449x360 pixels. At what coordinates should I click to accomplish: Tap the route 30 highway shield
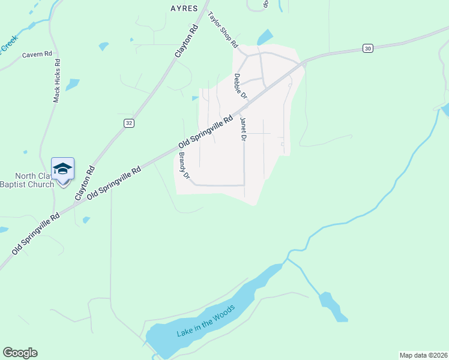tap(368, 48)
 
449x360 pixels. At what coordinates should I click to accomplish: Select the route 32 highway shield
tap(128, 122)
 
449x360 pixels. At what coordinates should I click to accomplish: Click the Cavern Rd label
tap(37, 54)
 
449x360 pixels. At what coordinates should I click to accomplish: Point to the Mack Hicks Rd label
tap(56, 80)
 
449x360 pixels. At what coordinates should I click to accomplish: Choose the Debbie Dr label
tap(240, 86)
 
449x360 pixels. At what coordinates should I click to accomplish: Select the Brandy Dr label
tap(184, 167)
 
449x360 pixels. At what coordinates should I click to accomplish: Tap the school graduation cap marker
tap(62, 169)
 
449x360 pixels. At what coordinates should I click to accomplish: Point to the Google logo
tap(20, 353)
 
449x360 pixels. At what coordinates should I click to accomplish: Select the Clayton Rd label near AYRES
tap(186, 41)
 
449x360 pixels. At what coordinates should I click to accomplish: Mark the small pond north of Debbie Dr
tap(265, 37)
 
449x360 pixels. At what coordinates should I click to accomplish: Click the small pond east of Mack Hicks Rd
tap(72, 84)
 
